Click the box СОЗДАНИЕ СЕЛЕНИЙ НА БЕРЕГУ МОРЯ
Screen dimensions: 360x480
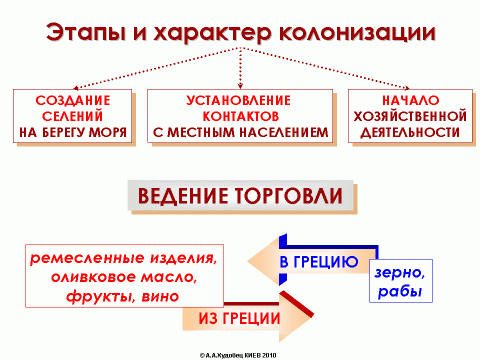click(72, 116)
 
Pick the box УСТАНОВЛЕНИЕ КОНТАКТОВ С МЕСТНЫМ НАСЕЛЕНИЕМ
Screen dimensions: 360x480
click(240, 116)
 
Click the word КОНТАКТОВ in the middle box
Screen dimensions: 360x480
click(239, 116)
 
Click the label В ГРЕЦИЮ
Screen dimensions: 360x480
click(317, 263)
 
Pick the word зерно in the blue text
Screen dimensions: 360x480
click(400, 272)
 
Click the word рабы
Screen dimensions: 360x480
click(400, 292)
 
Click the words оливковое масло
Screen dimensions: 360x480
click(123, 277)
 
